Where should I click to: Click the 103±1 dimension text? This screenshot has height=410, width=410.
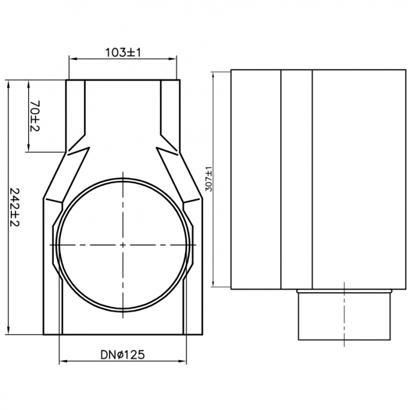tap(123, 53)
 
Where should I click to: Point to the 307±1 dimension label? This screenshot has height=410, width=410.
tap(208, 178)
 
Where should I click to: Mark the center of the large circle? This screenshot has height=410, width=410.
tap(123, 245)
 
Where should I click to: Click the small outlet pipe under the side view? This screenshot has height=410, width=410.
tap(345, 315)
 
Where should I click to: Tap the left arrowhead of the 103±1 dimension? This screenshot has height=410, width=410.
tap(71, 59)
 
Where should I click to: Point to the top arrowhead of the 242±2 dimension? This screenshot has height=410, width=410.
tap(8, 84)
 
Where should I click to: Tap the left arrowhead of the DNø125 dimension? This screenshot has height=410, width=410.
tap(62, 361)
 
